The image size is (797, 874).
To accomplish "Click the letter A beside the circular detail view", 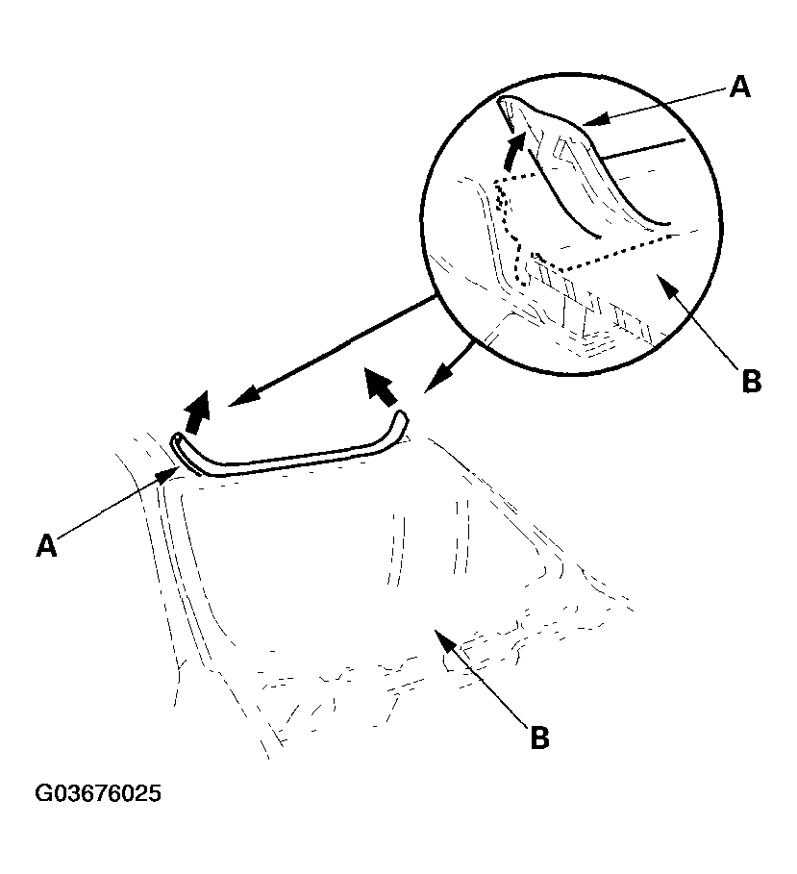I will click(x=739, y=87).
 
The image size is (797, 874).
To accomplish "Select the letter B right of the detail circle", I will click(x=751, y=380).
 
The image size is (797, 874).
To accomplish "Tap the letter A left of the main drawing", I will click(x=45, y=546).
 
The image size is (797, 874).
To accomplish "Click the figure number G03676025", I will click(x=98, y=795).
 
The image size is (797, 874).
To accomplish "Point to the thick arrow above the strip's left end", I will click(x=198, y=412).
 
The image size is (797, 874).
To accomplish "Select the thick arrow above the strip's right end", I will click(x=381, y=387).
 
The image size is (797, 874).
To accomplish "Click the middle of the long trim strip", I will click(x=288, y=462).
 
